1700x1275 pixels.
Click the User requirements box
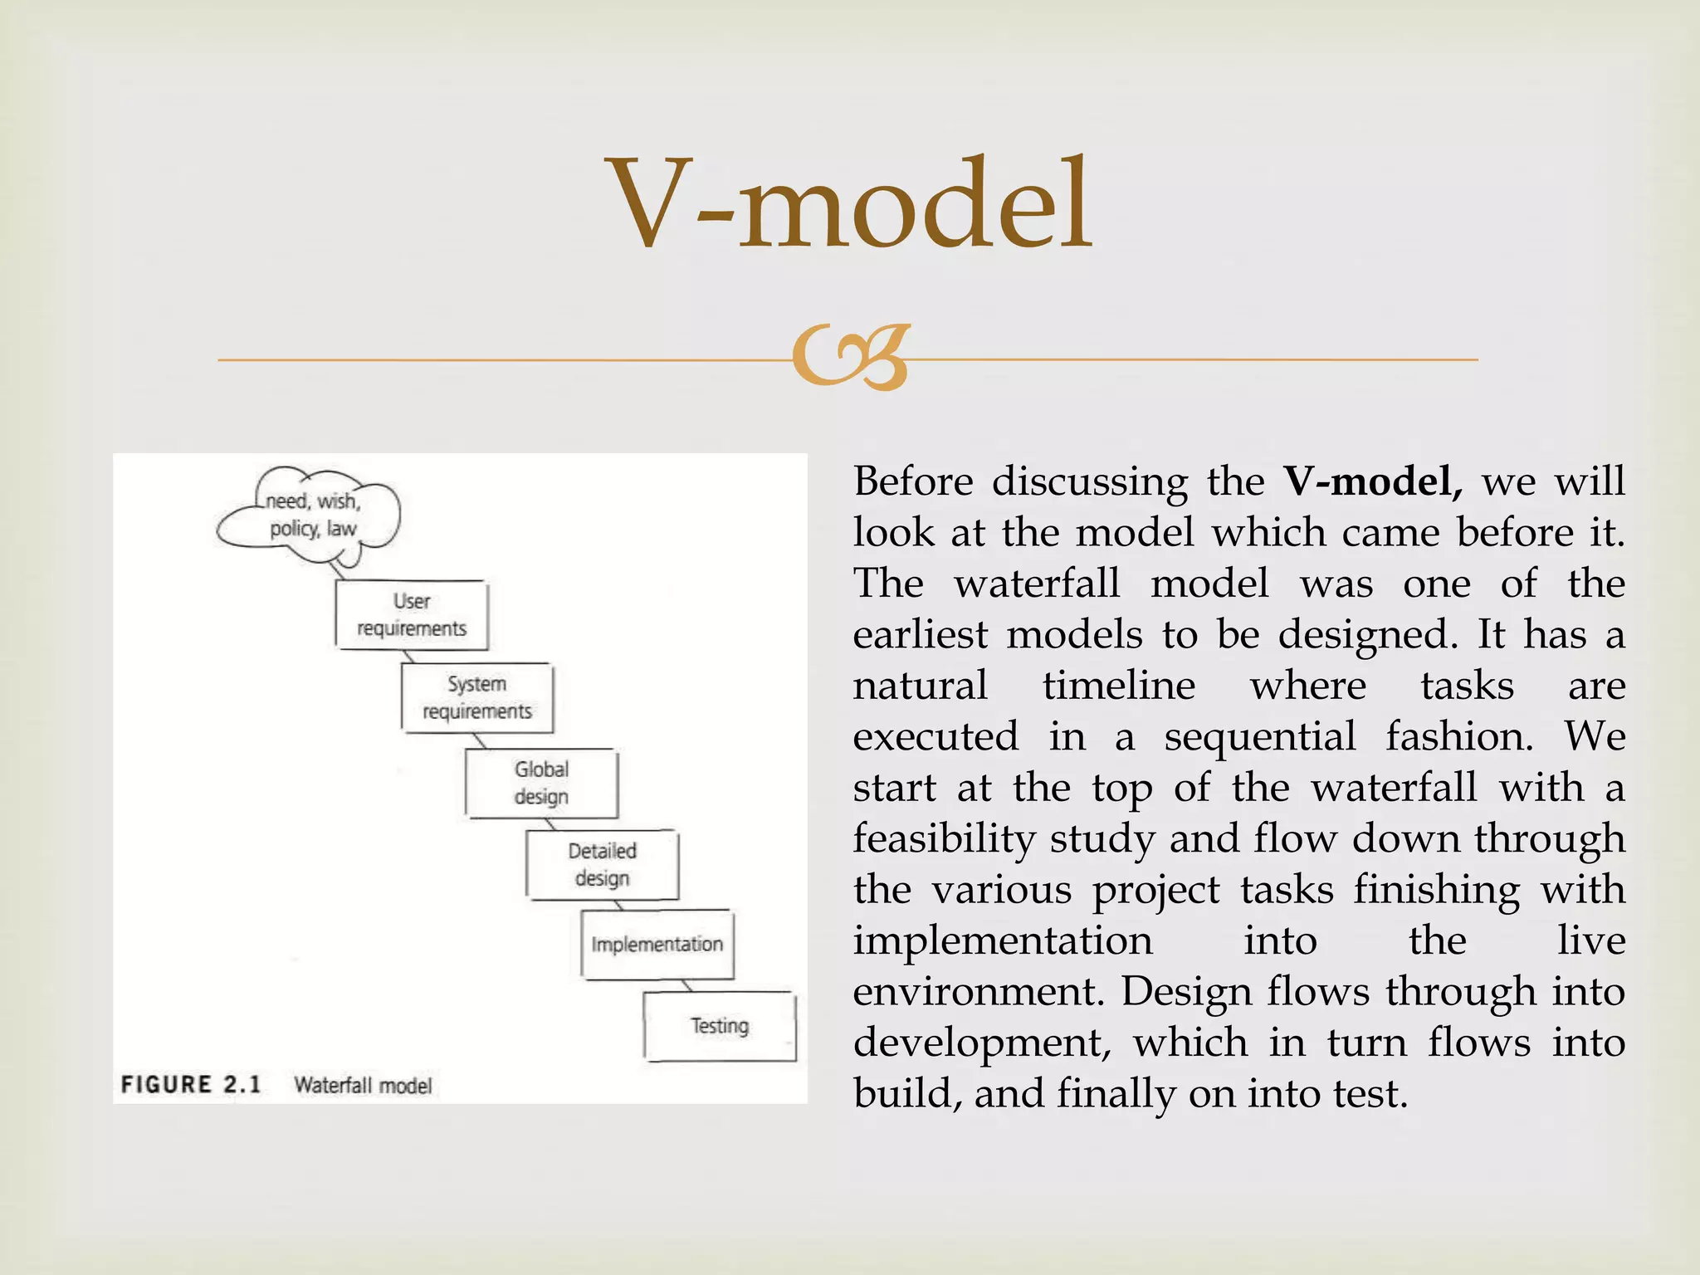pos(412,615)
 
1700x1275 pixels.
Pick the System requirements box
pos(477,697)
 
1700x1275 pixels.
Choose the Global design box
pos(541,783)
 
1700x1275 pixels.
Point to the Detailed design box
pos(603,864)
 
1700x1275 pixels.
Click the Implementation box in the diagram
pos(657,945)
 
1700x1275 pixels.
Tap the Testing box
pos(720,1026)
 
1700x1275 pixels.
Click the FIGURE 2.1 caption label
pos(191,1085)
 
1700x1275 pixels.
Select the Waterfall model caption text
pos(364,1086)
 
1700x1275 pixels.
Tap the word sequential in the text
pos(1260,737)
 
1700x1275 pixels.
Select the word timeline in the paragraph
pos(1119,686)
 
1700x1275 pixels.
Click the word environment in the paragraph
pos(978,992)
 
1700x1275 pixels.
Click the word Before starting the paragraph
pos(913,481)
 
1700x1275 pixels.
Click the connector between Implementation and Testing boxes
pos(686,985)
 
